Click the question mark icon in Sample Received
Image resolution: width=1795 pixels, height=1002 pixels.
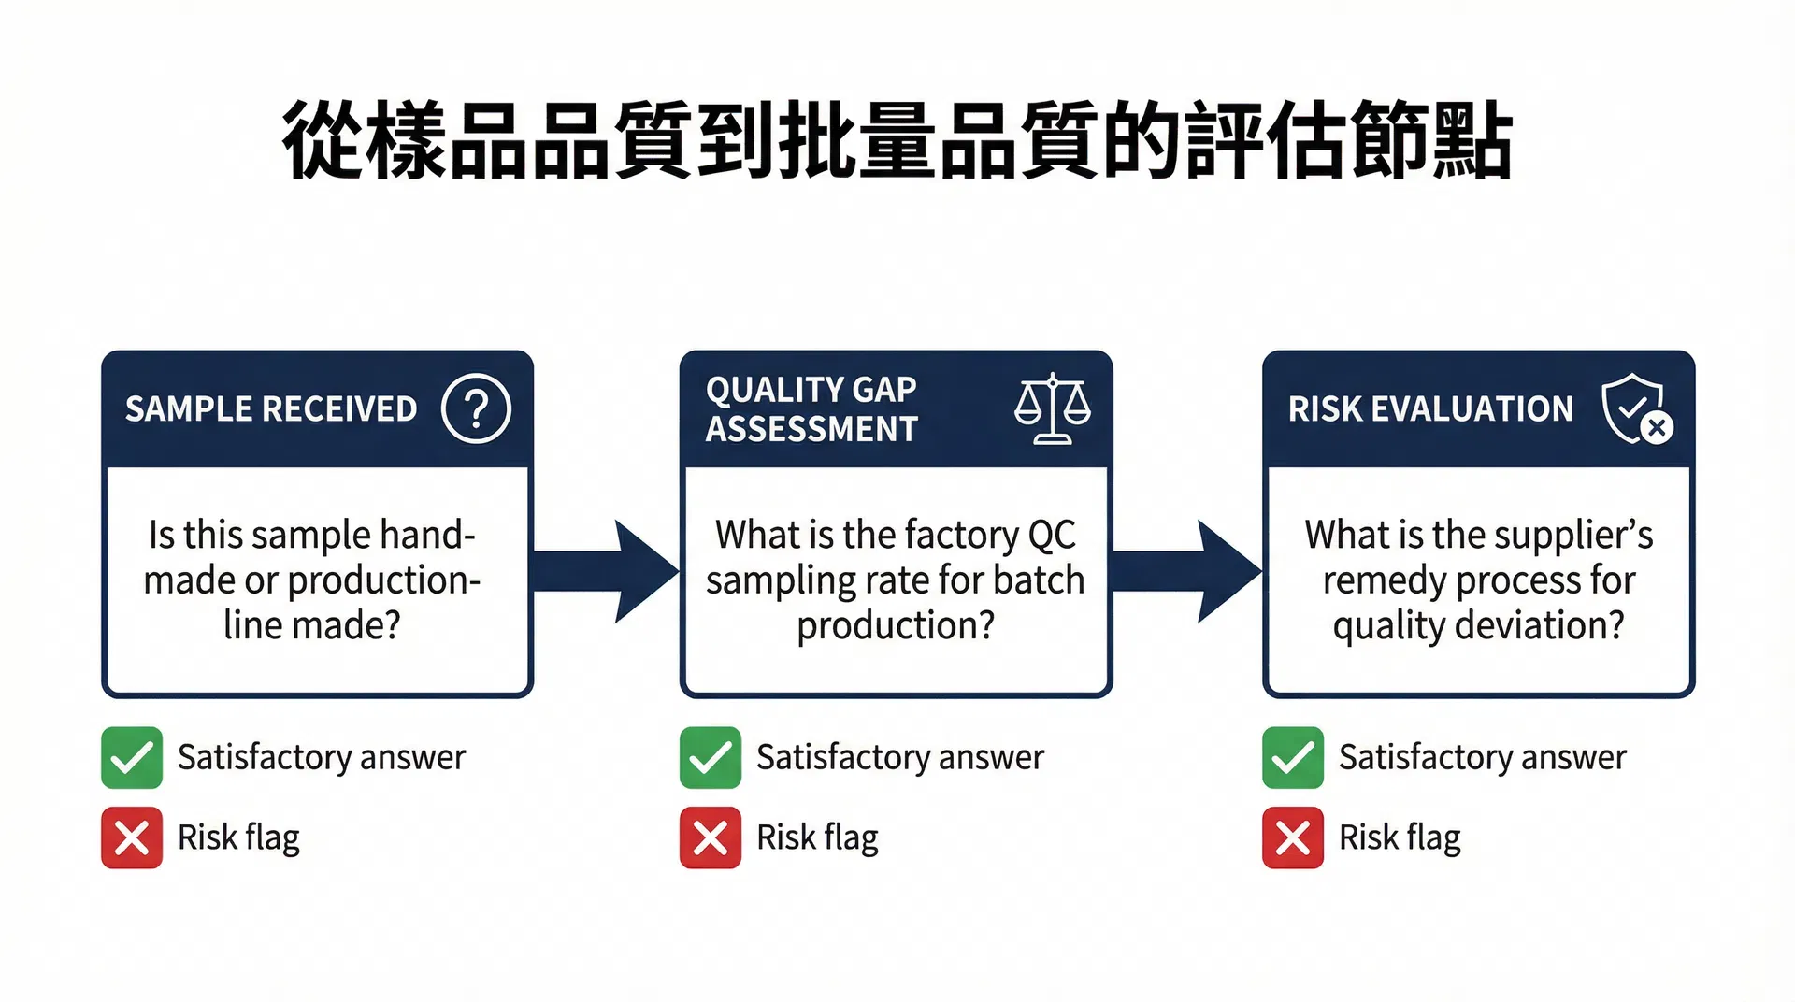coord(476,408)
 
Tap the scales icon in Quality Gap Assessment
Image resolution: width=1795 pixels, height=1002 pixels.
coord(1053,408)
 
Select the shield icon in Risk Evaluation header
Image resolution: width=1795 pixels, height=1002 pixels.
coord(1635,408)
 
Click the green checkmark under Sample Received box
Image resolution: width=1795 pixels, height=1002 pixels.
coord(132,757)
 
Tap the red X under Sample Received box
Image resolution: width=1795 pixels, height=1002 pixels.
coord(132,837)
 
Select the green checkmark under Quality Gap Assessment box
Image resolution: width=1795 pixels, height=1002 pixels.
coord(711,757)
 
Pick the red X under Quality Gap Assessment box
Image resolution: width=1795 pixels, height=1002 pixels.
coord(711,837)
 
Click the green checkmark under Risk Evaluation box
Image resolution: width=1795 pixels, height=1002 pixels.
coord(1293,757)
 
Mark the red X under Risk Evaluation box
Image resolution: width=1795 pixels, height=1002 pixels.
coord(1293,837)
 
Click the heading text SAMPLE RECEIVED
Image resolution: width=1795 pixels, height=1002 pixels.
coord(271,409)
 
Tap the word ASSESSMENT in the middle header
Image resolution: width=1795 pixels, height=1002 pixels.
coord(811,429)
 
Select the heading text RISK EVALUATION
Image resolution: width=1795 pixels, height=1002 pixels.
coord(1430,409)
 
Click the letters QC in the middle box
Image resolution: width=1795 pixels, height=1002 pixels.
coord(1052,535)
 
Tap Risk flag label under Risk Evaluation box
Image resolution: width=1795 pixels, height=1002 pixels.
coord(1400,838)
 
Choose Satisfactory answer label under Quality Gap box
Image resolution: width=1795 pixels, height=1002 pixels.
coord(899,757)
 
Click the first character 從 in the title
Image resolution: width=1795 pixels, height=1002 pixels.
coord(321,140)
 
